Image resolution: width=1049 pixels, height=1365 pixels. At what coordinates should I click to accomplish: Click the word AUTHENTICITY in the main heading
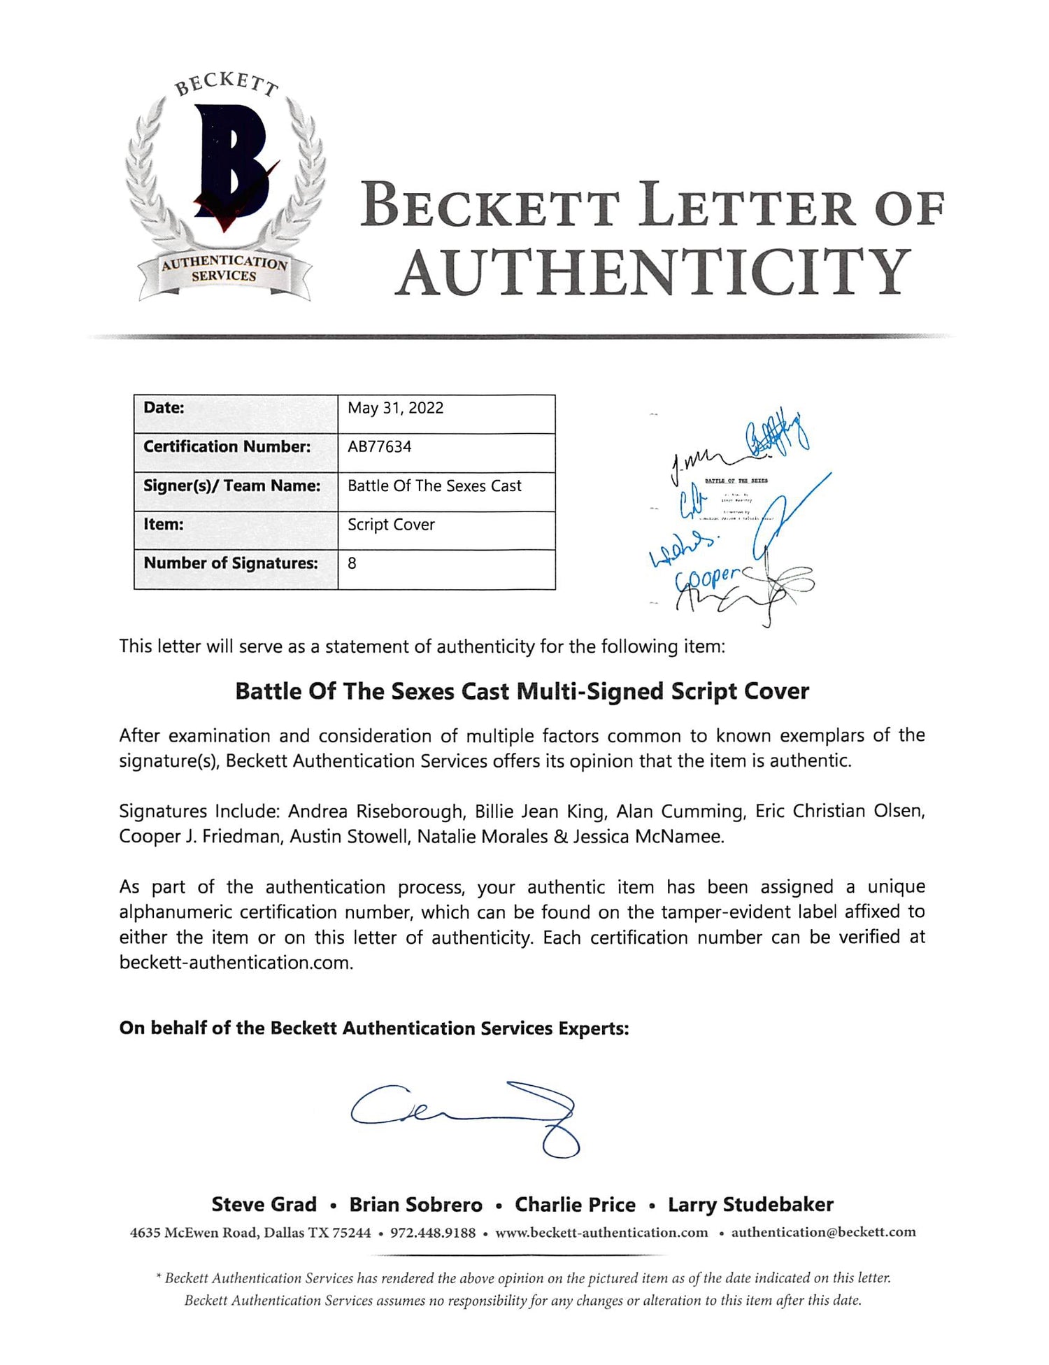tap(653, 272)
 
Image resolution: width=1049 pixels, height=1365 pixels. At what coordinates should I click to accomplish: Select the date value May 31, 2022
tap(395, 408)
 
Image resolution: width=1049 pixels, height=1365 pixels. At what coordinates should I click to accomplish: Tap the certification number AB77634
tap(379, 446)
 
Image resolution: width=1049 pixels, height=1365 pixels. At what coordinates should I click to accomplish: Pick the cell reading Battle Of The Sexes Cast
tap(434, 486)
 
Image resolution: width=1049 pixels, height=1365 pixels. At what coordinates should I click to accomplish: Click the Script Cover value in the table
tap(391, 524)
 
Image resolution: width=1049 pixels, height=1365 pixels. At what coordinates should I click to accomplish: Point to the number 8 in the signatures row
tap(352, 563)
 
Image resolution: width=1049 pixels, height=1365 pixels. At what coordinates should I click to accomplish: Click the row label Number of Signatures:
tap(230, 563)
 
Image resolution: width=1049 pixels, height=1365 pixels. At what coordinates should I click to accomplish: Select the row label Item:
tap(163, 524)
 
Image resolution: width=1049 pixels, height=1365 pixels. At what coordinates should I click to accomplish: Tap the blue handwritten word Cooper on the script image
tap(706, 578)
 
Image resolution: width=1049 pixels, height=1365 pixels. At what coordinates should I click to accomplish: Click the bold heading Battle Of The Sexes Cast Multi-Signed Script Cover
tap(522, 691)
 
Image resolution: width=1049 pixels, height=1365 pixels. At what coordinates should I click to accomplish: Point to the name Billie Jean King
tap(540, 811)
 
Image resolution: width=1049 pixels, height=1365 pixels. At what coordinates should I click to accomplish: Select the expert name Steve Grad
tap(264, 1204)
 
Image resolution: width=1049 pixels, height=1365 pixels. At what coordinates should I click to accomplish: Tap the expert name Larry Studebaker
tap(750, 1204)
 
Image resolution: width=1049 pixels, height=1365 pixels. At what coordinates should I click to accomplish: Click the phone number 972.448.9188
tap(433, 1232)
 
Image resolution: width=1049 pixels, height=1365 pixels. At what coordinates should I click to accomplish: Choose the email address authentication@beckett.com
tap(823, 1232)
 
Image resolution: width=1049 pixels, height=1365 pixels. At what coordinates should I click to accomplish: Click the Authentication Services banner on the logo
tap(224, 270)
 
